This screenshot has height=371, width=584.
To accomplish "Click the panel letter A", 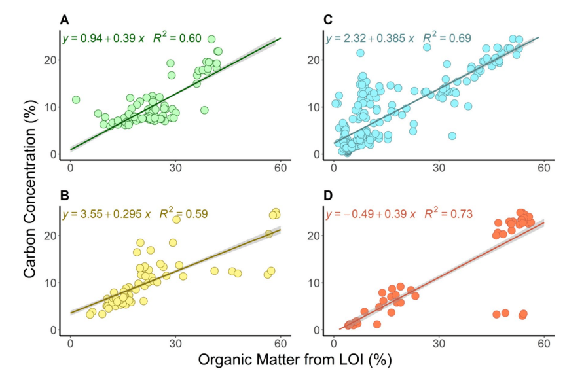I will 65,19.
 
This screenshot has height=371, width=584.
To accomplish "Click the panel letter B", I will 65,194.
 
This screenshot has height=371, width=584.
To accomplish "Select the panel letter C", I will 329,19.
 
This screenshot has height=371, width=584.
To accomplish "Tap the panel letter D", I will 329,194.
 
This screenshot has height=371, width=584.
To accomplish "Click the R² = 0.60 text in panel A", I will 177,38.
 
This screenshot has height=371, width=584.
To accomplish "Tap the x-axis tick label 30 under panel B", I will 175,343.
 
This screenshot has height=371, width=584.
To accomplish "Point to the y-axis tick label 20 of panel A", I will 54,60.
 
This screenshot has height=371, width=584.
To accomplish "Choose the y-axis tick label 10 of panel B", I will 54,283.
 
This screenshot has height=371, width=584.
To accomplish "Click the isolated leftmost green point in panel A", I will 75,100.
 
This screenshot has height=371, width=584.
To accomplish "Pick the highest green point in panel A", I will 211,39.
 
